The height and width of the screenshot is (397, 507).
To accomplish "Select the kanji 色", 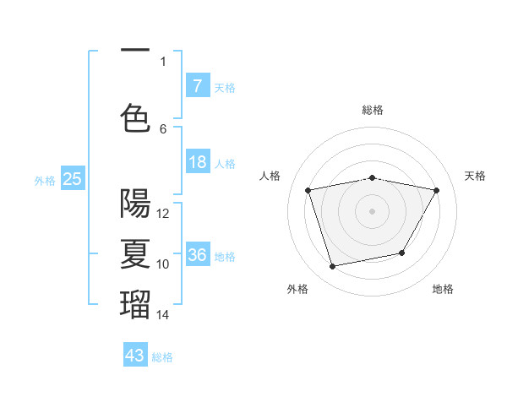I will click(135, 117).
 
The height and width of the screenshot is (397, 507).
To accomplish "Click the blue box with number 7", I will click(197, 85).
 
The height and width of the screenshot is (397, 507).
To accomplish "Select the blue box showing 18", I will click(197, 163).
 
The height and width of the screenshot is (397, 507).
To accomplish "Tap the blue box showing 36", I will click(197, 255).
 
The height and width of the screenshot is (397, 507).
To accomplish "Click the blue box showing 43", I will click(135, 356).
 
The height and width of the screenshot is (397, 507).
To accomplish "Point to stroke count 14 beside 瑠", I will click(163, 315).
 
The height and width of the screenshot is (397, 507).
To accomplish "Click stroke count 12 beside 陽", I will click(163, 214).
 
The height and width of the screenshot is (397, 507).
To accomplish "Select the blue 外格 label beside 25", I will click(45, 180).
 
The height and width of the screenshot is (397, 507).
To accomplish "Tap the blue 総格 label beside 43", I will click(162, 357).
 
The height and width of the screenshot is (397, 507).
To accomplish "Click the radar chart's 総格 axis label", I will click(373, 110).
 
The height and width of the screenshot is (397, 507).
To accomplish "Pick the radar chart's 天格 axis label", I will click(476, 176).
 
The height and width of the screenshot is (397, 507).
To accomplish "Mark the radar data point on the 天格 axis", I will click(436, 190).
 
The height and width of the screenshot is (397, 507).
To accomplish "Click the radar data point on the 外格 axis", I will click(333, 266).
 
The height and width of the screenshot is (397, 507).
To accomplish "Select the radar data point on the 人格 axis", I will click(308, 190).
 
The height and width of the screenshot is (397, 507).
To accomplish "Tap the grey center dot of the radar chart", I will click(373, 210).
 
